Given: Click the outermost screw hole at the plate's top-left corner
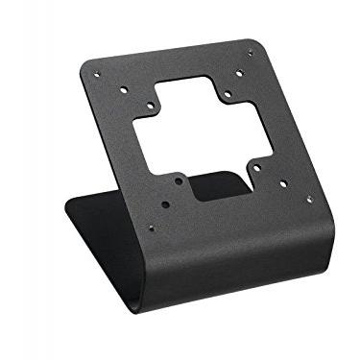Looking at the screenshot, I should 95,75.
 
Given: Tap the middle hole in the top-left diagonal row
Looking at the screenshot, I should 124,90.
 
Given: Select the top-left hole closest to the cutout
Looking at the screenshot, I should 151,107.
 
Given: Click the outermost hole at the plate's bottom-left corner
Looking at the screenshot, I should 151,228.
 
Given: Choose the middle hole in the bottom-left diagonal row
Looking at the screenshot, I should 165,204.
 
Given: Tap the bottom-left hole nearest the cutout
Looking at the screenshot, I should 180,180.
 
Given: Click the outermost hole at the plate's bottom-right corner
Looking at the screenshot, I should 308,200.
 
